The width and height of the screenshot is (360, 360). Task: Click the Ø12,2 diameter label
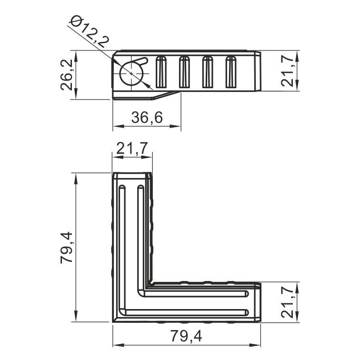(x=90, y=31)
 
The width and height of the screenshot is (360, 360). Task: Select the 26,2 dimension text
(x=66, y=75)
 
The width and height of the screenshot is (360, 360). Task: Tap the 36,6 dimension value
(x=147, y=117)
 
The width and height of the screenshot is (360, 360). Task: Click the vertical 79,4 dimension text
(x=66, y=248)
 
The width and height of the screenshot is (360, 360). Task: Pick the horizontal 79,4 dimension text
(x=186, y=336)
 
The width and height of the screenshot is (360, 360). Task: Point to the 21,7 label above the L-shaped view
(x=132, y=148)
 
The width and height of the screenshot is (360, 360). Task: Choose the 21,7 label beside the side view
(x=288, y=71)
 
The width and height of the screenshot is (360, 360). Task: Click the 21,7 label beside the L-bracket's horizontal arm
(x=288, y=302)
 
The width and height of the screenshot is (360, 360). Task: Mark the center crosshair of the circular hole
(x=131, y=73)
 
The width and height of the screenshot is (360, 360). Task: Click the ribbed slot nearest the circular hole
(x=161, y=72)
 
